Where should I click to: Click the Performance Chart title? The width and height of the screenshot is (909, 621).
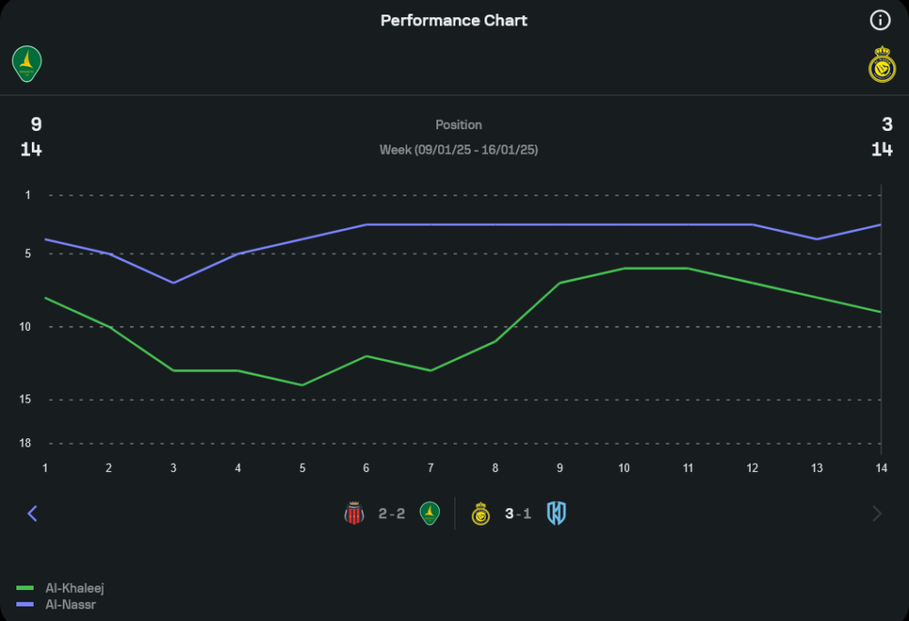(454, 20)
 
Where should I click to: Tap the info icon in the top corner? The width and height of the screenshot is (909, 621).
(879, 20)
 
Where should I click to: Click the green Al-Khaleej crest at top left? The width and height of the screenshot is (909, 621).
(27, 64)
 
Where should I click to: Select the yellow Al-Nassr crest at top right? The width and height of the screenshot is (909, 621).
(882, 65)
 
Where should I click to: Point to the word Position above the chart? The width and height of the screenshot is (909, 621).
(458, 125)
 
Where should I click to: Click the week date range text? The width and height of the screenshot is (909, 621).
(458, 149)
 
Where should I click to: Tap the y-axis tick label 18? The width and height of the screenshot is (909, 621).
(25, 443)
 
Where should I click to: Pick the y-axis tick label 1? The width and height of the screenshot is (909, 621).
(27, 195)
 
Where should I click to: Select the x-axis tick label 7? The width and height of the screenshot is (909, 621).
(431, 467)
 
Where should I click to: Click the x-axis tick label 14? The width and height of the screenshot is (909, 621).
(880, 467)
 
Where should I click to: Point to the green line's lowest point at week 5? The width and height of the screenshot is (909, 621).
(302, 385)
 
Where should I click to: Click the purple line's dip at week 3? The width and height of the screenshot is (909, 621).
(173, 283)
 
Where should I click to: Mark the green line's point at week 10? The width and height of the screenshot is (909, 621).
(624, 268)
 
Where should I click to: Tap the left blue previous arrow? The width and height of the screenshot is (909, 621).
(33, 514)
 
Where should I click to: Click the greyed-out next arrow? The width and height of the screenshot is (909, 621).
(877, 514)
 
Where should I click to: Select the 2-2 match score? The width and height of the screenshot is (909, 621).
(392, 514)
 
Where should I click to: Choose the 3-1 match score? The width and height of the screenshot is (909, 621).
(518, 514)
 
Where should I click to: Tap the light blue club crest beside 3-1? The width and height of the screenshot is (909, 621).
(556, 514)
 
